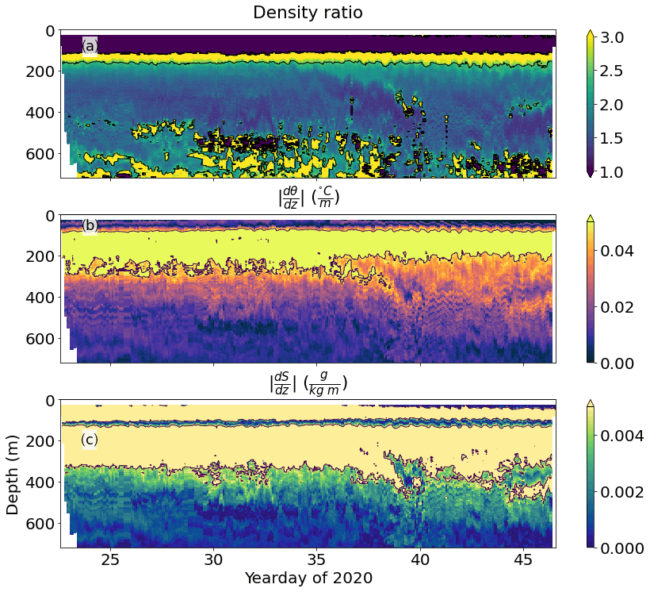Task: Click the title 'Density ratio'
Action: [x=308, y=13]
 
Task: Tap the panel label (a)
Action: [x=90, y=47]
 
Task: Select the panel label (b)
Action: [x=90, y=225]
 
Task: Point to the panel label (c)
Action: [x=90, y=440]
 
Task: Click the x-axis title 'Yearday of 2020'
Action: [x=308, y=578]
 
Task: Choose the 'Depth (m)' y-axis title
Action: [x=13, y=475]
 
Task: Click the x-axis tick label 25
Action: [x=110, y=558]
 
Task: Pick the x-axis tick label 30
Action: [x=213, y=558]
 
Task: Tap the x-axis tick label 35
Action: [x=317, y=558]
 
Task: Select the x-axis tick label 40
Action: [x=420, y=558]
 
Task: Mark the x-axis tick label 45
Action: [x=523, y=558]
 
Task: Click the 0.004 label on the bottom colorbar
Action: [x=627, y=436]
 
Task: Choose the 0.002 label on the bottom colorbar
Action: [x=627, y=492]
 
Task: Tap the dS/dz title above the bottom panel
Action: [x=308, y=383]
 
